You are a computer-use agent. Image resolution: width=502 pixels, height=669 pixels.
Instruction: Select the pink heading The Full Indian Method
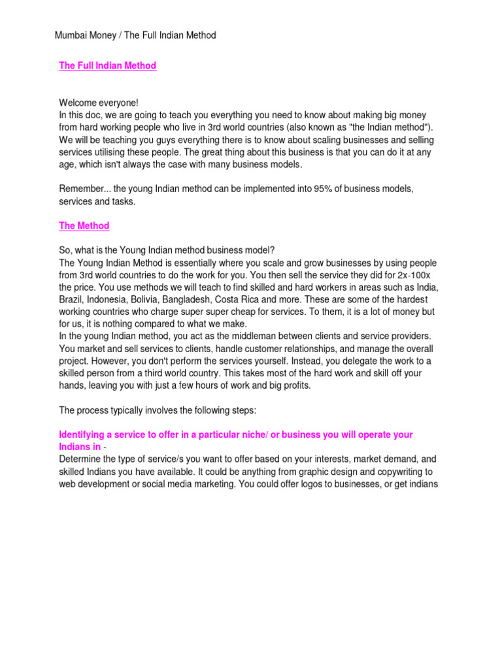107,66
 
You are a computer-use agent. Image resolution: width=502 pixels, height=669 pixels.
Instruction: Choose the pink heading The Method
84,226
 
